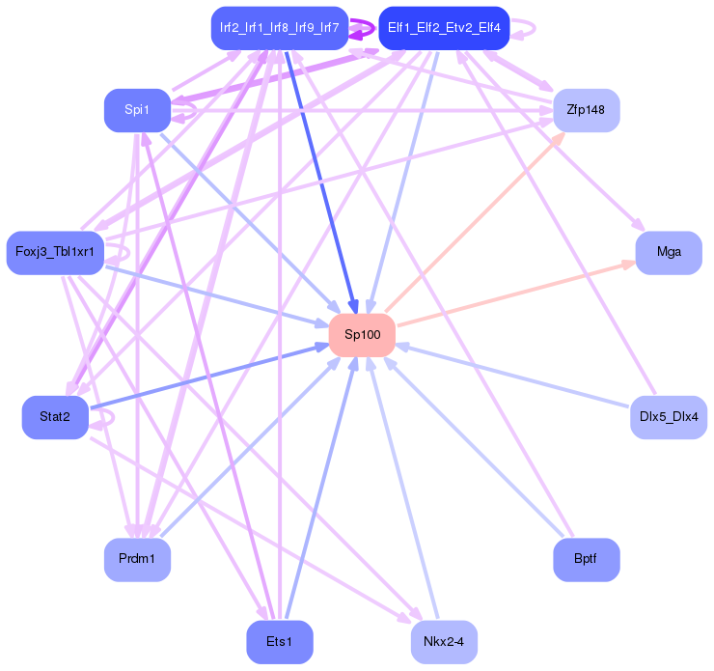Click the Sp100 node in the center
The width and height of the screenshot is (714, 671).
point(363,335)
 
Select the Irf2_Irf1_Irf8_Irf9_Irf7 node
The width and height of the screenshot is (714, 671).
point(279,28)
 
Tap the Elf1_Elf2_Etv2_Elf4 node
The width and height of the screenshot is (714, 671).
point(444,28)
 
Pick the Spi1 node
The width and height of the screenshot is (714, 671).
point(137,110)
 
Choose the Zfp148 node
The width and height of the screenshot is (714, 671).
point(586,110)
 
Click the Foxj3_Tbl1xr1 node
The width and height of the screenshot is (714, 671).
point(54,253)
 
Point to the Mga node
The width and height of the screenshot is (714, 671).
point(669,253)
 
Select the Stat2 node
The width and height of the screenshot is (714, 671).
point(54,417)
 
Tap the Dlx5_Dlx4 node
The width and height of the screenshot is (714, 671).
point(669,417)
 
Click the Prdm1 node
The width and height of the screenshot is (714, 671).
point(137,560)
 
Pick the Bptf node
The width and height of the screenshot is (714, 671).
point(586,560)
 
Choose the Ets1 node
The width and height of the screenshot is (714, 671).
point(279,642)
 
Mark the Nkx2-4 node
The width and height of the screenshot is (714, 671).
point(444,642)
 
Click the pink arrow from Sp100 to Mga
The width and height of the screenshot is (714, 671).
point(516,294)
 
